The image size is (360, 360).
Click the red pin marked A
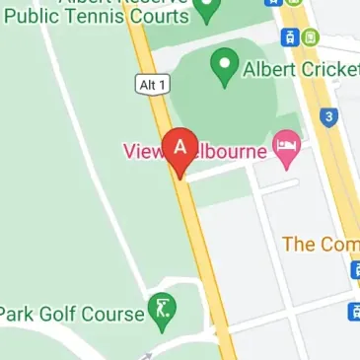(x=180, y=149)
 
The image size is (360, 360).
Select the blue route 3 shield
(x=329, y=117)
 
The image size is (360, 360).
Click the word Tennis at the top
(x=99, y=16)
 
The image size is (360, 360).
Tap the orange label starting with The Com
(x=320, y=244)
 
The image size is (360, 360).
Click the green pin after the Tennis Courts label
(x=206, y=11)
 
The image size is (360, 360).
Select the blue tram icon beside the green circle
(x=290, y=37)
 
